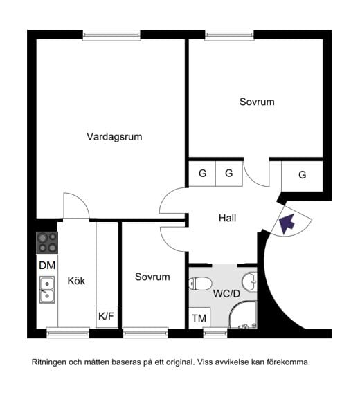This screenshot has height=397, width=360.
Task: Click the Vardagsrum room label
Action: (x=114, y=137)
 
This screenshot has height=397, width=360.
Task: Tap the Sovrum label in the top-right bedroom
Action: (x=257, y=102)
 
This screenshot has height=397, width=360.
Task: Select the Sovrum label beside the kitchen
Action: (x=152, y=277)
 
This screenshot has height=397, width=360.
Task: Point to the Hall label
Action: (x=227, y=218)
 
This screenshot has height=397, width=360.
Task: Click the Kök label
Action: (x=76, y=281)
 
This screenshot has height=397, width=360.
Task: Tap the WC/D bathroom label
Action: (x=226, y=293)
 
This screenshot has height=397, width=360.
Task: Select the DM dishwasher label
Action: (x=46, y=266)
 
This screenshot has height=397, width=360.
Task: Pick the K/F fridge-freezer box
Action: (x=107, y=317)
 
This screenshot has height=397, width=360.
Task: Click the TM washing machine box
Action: (x=199, y=318)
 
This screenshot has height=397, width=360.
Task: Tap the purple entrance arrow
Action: (x=286, y=223)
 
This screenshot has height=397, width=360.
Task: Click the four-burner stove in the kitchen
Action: (x=47, y=242)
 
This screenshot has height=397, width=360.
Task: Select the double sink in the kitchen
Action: (x=47, y=290)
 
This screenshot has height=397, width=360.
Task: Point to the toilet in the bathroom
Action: (x=201, y=284)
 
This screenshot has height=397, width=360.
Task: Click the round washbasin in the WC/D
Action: (x=249, y=281)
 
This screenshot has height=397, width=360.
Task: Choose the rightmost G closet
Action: (x=302, y=175)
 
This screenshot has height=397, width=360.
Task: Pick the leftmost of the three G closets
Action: (x=202, y=174)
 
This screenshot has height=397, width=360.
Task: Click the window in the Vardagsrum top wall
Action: (x=112, y=35)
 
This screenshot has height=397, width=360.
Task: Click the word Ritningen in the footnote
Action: (x=51, y=362)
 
